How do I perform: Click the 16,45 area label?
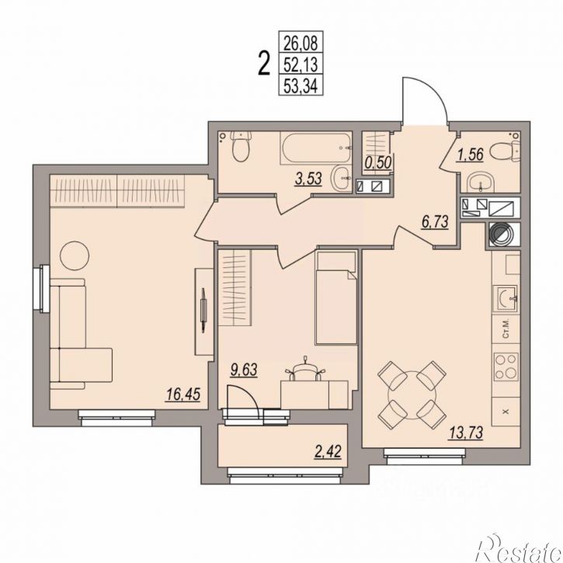tap(182, 394)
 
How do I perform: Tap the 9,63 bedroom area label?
tap(244, 370)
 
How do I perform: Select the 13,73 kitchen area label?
tap(466, 433)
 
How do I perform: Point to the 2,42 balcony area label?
tap(328, 451)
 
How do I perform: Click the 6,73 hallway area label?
tap(435, 222)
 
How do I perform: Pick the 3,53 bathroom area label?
tap(308, 179)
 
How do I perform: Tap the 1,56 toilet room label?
tap(470, 155)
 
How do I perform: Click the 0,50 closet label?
tap(377, 162)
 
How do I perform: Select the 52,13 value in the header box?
tap(301, 65)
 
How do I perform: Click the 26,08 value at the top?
tap(301, 43)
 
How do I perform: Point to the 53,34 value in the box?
tap(301, 86)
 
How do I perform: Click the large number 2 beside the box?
tap(264, 64)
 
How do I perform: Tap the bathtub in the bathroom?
tap(315, 148)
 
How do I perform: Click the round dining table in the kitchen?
tap(412, 394)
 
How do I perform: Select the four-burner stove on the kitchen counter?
tap(506, 367)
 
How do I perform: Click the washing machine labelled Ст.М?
tap(506, 329)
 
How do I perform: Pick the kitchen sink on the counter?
tap(506, 299)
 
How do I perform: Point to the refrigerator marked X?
tap(506, 412)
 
